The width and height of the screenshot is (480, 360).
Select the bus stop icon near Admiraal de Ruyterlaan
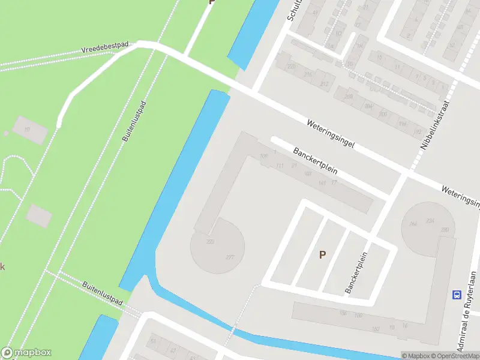[457, 295]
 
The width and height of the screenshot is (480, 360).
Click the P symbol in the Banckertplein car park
[322, 254]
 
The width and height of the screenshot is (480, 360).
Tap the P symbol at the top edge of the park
[211, 2]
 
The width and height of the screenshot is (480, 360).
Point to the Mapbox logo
[26, 353]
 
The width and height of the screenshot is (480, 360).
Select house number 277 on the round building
[230, 257]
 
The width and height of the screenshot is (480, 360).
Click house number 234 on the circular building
[430, 221]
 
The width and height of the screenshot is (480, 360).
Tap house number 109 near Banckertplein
[263, 157]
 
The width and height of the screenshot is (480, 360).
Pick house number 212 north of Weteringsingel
[324, 83]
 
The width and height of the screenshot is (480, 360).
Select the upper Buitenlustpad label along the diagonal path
[134, 121]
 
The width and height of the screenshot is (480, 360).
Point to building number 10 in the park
[26, 130]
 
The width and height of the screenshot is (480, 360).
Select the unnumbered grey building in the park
[39, 215]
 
